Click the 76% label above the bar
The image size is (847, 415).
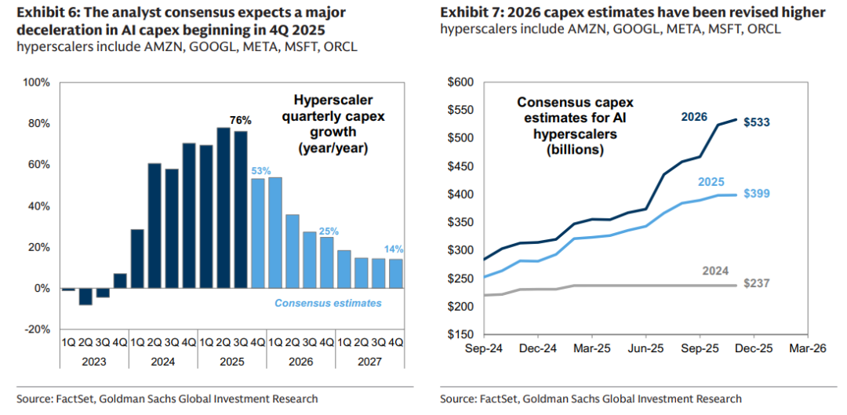[x=240, y=120]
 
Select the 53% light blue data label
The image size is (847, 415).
[x=260, y=170]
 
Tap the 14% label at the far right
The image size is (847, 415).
[x=394, y=248]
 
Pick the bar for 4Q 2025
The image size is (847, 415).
[x=257, y=233]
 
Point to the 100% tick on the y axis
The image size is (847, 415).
[x=38, y=82]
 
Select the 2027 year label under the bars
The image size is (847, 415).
[x=369, y=362]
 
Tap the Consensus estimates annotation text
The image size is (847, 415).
[x=328, y=303]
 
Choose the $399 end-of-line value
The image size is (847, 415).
[x=757, y=194]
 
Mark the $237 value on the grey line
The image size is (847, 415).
[x=757, y=286]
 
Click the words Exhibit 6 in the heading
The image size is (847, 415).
[x=48, y=13]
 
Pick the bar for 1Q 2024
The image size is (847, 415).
[x=137, y=259]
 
